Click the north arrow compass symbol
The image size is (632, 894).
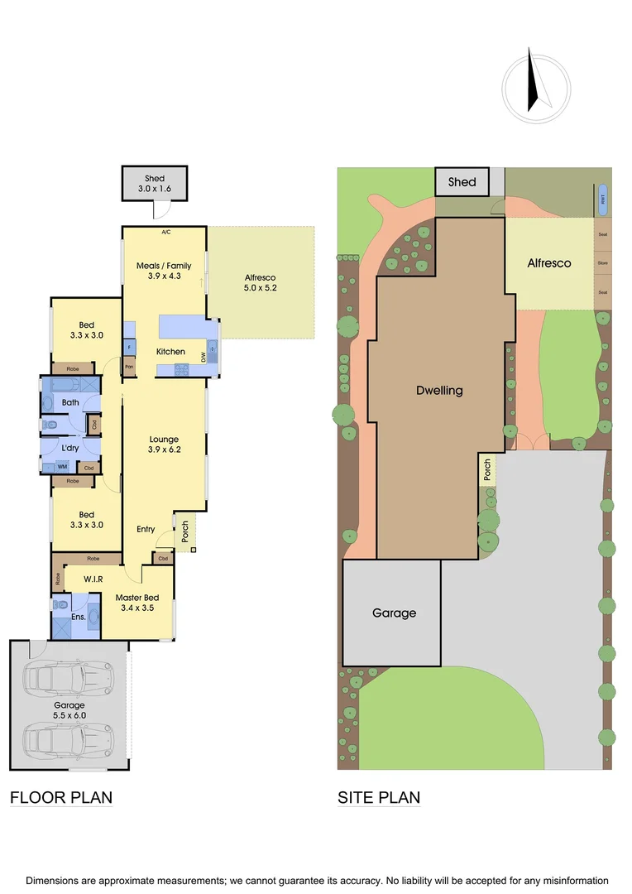pos(536,82)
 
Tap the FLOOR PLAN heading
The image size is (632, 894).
pos(60,798)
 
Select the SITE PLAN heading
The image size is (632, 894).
pos(379,798)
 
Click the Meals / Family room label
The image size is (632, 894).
pos(164,266)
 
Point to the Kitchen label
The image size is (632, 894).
pos(170,352)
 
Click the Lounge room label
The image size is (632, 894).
pos(164,439)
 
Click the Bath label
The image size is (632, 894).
pos(70,403)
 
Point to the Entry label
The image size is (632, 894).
pos(146,529)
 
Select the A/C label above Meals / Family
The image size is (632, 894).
pos(165,233)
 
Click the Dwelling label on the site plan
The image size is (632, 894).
pos(439,391)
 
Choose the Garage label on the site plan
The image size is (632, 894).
pos(394,613)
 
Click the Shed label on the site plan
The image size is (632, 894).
pos(462,181)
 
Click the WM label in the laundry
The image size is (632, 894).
pos(62,467)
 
